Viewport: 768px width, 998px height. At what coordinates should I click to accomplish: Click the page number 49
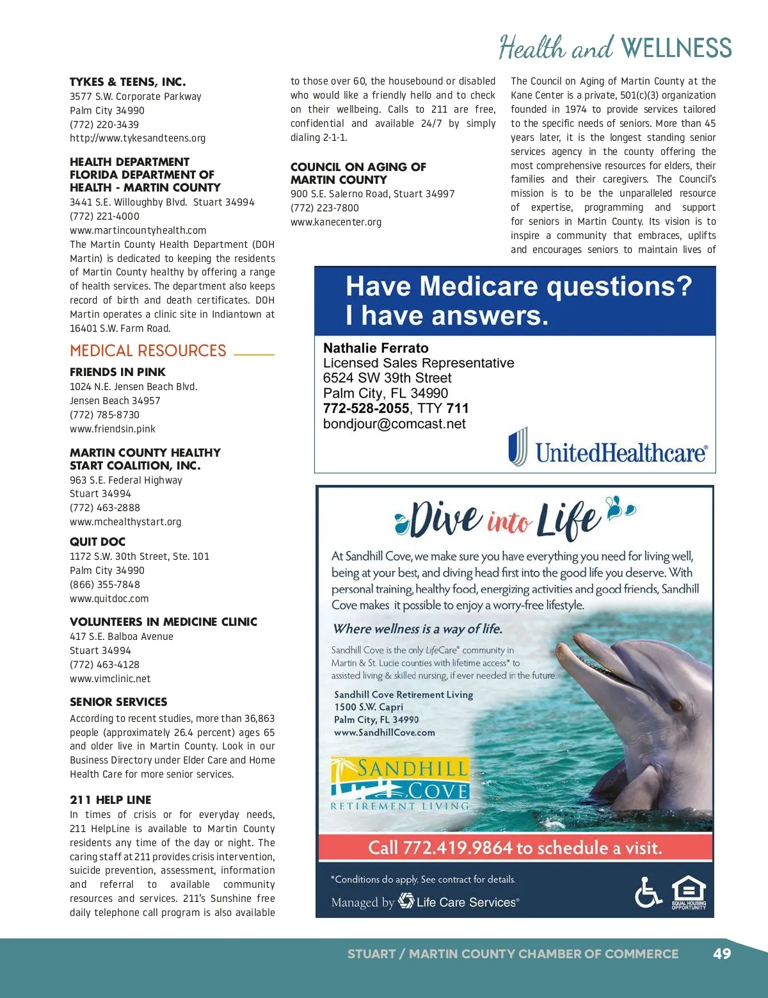point(721,954)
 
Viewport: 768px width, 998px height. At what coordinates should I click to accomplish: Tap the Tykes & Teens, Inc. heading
point(127,82)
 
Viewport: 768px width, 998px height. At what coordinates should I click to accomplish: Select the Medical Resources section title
point(148,351)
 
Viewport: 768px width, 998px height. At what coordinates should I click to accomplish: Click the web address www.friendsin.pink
point(113,429)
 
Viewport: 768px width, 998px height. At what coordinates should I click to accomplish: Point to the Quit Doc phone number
point(105,585)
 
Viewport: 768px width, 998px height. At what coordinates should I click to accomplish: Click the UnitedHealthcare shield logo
point(518,446)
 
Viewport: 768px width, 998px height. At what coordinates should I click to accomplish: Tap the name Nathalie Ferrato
point(376,348)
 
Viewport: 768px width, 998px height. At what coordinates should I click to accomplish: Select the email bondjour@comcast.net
point(394,424)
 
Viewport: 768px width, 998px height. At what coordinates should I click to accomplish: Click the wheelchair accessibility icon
point(648,892)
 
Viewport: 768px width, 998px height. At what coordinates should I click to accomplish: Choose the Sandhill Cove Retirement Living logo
point(400,785)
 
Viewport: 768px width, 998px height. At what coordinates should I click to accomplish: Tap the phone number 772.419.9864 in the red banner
point(457,848)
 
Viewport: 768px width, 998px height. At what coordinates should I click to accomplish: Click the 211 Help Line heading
point(111,800)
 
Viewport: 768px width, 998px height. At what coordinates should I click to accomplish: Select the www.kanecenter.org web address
point(336,222)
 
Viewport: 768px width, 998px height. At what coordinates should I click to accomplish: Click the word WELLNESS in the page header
point(676,49)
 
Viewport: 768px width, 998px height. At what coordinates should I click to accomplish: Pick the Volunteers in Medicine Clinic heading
point(163,622)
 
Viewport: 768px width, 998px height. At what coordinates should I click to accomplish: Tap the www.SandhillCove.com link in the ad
point(384,733)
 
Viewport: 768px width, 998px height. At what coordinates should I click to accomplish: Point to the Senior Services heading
point(118,702)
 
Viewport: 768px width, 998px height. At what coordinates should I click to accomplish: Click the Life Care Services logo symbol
point(406,901)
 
